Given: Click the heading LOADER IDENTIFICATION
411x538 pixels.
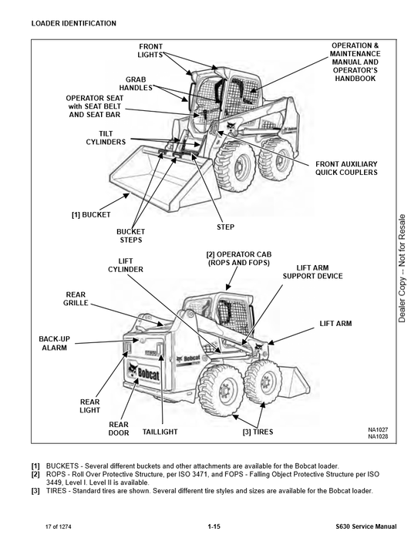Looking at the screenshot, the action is [x=73, y=23].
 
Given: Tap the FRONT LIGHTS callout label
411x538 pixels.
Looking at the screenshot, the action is [x=150, y=50].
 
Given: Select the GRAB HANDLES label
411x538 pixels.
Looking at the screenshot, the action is [x=136, y=84].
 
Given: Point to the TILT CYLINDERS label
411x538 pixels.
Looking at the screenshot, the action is [x=106, y=138].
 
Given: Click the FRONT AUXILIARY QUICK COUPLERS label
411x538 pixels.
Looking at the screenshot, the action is [x=346, y=168].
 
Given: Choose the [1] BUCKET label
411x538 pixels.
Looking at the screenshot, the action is [x=91, y=215].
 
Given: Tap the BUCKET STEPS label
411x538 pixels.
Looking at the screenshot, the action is [x=131, y=236].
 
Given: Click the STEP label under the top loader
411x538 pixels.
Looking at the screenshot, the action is [x=226, y=227].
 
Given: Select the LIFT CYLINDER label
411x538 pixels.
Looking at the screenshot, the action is [x=126, y=265].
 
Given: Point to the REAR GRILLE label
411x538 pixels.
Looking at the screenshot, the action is [x=76, y=299].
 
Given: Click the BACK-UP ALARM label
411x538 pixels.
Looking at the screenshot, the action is [x=54, y=343].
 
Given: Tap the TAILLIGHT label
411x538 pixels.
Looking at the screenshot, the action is [x=160, y=432].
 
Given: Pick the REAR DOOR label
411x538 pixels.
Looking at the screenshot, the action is [x=119, y=429].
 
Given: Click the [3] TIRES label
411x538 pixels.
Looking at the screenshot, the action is [x=258, y=432].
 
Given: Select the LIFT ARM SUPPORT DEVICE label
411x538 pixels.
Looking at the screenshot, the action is [x=312, y=272].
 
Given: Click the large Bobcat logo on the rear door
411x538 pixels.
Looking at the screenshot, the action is [x=144, y=372].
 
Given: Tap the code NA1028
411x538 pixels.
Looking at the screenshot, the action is [x=378, y=436].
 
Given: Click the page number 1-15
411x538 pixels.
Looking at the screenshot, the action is [x=214, y=526].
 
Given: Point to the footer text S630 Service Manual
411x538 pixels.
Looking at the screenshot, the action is [x=366, y=526].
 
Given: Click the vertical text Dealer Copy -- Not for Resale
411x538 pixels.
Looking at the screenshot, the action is [x=402, y=268].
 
